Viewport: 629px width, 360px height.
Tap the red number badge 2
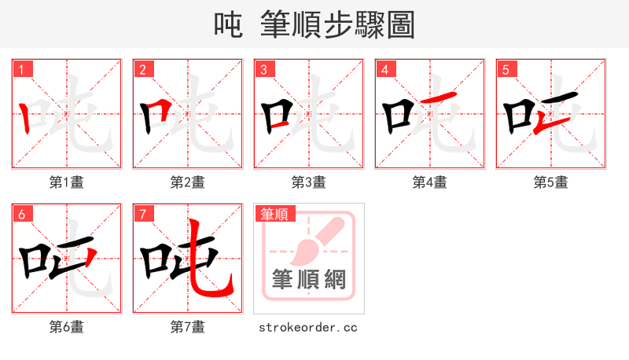pos(142,69)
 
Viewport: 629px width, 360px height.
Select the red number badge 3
pos(263,69)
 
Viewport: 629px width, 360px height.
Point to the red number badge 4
pos(384,69)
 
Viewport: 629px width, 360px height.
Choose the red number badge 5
pos(506,69)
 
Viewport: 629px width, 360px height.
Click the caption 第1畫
pos(66,182)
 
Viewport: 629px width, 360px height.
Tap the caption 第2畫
pos(187,182)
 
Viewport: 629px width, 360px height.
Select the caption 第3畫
pos(308,182)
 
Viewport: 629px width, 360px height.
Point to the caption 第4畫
pos(429,182)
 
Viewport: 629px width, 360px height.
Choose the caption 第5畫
pos(550,182)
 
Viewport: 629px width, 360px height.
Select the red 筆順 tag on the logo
pos(274,214)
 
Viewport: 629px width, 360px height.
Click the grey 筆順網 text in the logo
pos(309,279)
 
